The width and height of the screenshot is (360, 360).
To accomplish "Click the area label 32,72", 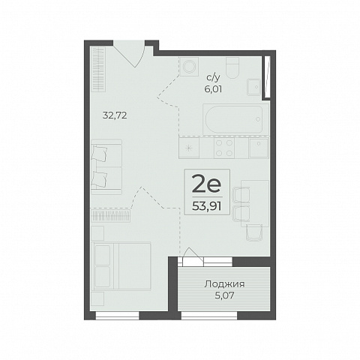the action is pos(115,115).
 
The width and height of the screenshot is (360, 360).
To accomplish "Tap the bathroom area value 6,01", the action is pos(213,89).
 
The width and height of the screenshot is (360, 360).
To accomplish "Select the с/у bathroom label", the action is pos(213,78).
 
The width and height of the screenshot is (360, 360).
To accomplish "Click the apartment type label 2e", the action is pos(207,184).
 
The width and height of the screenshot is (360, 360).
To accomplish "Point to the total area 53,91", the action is pos(207,206).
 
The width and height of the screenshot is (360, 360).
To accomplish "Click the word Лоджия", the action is pos(224,284).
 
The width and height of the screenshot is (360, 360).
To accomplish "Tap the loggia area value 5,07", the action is pos(224,295).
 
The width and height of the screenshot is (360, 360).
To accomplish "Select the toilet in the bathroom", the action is pos(232,67).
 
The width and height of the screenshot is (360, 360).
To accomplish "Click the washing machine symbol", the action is pos(189,66).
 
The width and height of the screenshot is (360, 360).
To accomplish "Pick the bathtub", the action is pos(234,120).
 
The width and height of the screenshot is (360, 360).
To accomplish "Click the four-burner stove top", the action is pos(224,148).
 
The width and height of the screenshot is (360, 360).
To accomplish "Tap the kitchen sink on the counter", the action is pos(259,148).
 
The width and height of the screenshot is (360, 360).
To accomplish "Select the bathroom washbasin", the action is pos(254,87).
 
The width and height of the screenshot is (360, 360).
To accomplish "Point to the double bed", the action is pos(121,266).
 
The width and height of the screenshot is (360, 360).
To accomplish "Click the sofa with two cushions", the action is pos(106,167).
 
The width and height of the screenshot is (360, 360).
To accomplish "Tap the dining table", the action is pos(255,203).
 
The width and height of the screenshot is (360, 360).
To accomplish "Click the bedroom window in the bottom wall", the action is pos(118,316).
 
